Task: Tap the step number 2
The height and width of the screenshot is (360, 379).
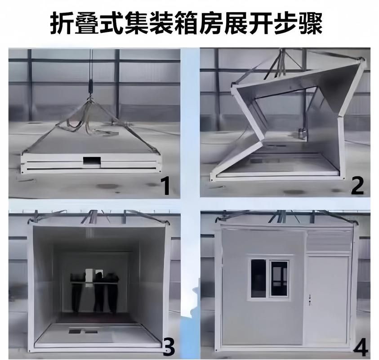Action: (357, 185)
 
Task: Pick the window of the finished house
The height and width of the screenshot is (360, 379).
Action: (270, 278)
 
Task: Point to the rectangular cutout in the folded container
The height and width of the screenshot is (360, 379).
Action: (92, 160)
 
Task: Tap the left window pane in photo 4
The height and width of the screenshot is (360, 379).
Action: (259, 278)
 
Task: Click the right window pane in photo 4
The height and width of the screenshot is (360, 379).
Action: (280, 278)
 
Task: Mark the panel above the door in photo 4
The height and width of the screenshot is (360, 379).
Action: (328, 241)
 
